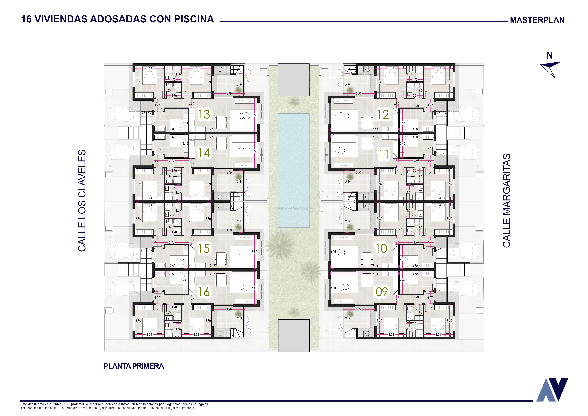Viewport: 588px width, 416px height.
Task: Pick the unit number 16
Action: pos(204,292)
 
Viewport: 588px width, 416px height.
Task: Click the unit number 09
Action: pos(382,292)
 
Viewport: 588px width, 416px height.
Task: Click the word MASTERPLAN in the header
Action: pos(537,20)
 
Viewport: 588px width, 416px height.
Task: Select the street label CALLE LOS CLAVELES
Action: pos(82,201)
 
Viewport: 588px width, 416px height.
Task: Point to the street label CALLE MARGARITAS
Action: pos(506,201)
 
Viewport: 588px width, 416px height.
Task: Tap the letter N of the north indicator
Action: pos(550,55)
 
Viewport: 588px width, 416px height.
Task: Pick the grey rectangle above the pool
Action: pos(294,80)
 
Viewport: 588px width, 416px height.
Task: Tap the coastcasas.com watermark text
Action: pos(293,208)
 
